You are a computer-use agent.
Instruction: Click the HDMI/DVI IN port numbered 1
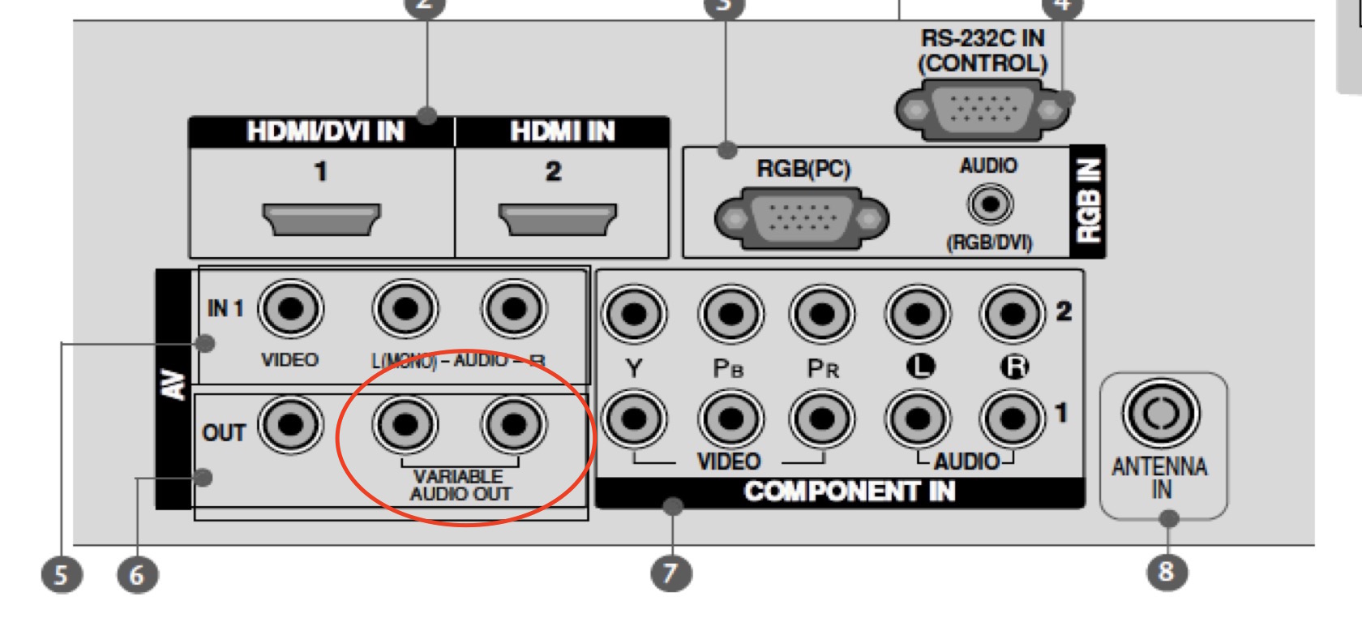(321, 218)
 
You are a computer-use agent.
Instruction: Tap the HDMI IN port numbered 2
(557, 218)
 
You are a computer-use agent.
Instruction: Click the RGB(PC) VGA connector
(801, 218)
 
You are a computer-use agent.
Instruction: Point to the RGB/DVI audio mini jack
(989, 203)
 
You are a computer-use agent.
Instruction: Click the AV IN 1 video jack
(290, 309)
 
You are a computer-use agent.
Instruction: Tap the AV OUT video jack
(290, 424)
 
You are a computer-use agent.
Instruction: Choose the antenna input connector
(1161, 413)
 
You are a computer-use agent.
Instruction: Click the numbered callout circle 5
(61, 574)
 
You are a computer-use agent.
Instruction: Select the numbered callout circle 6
(136, 574)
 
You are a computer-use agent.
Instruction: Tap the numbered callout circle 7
(670, 573)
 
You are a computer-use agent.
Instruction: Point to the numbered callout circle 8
(1166, 571)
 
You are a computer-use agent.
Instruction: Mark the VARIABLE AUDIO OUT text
(460, 485)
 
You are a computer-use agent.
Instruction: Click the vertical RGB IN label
(1088, 201)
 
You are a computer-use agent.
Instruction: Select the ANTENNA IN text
(1159, 478)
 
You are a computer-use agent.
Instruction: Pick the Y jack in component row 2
(635, 314)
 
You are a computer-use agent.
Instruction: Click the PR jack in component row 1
(822, 419)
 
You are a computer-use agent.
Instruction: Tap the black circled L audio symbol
(919, 367)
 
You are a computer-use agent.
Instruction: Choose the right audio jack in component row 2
(1012, 314)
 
